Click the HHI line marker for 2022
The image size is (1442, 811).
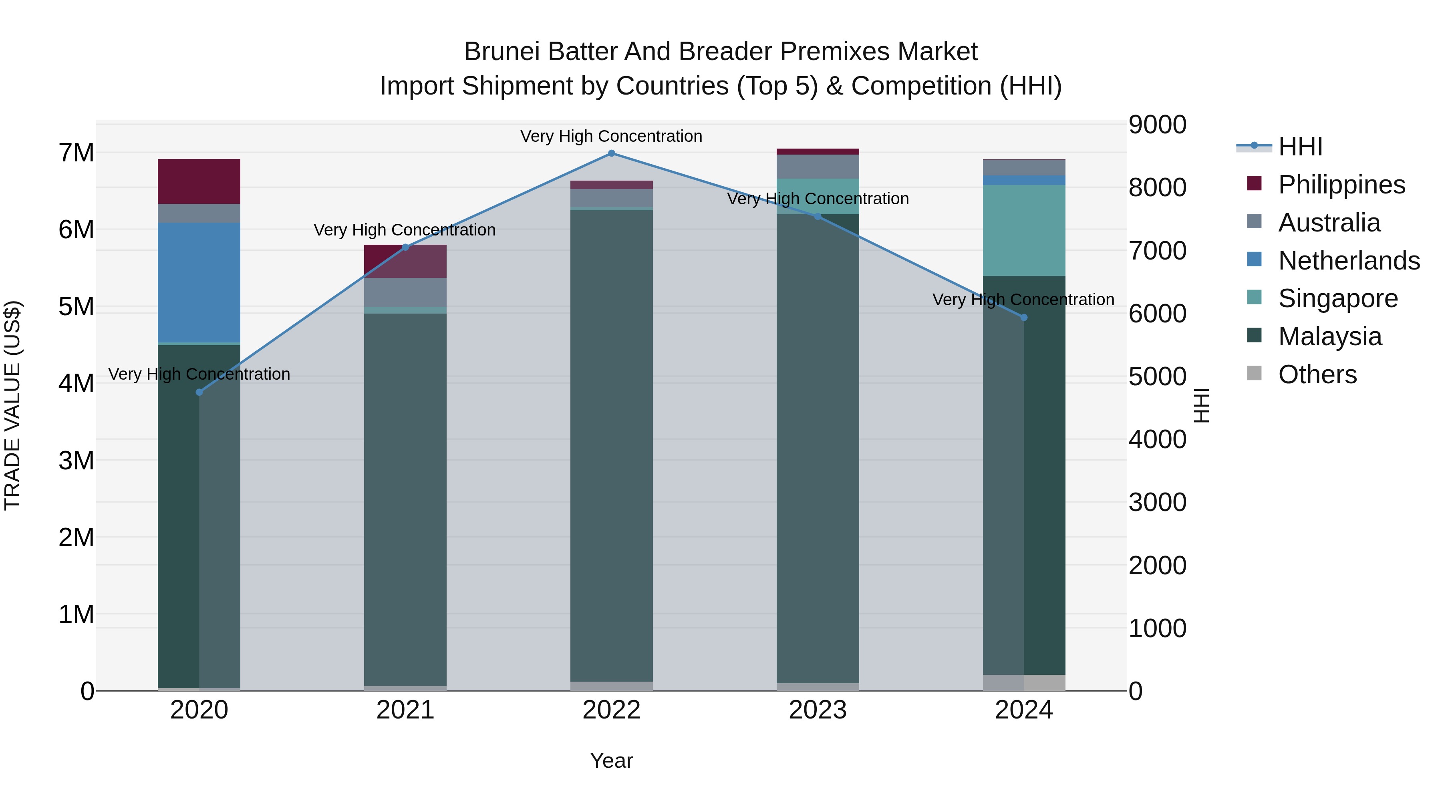click(611, 153)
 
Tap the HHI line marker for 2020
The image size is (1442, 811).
click(199, 392)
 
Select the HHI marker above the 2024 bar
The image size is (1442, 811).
click(1024, 317)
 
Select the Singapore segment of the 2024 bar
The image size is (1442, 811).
click(1024, 231)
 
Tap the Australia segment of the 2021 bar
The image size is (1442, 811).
click(405, 292)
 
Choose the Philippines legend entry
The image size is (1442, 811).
click(1341, 185)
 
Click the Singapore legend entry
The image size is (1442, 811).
click(1337, 298)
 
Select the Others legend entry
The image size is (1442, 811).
click(1317, 374)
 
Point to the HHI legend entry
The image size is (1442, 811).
click(1300, 147)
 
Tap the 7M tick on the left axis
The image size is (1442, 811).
click(77, 153)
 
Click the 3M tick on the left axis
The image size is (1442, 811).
click(77, 461)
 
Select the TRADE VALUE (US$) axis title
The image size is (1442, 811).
click(12, 405)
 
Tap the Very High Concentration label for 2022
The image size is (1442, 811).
click(611, 136)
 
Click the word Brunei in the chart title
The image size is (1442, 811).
click(501, 52)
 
